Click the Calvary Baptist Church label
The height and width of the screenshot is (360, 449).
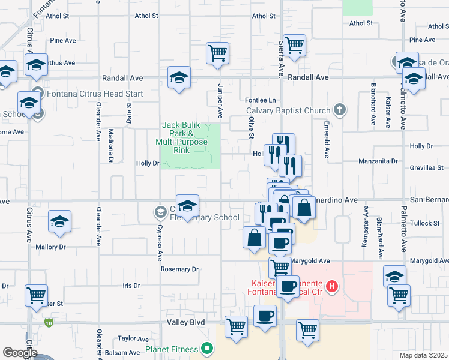click(289, 110)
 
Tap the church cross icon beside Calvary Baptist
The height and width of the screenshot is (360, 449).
click(340, 109)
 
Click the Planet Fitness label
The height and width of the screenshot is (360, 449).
click(172, 349)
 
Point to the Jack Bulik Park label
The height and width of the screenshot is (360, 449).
click(182, 137)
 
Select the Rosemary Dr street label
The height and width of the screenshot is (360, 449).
click(179, 269)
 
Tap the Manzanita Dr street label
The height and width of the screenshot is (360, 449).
click(378, 161)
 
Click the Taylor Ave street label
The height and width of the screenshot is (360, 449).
click(133, 338)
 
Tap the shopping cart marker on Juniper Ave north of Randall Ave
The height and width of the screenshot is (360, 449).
click(217, 53)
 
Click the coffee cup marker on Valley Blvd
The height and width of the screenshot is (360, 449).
click(265, 316)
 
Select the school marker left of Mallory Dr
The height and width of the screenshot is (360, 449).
click(59, 222)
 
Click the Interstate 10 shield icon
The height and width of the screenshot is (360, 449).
click(47, 323)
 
